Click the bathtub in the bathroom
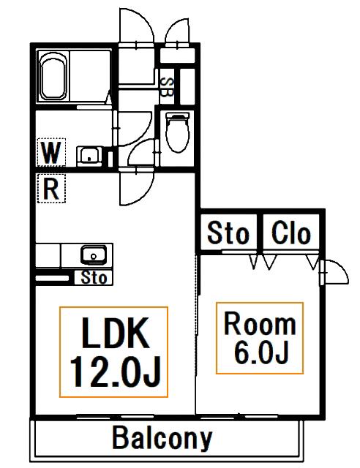(x=53, y=77)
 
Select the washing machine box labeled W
(x=51, y=152)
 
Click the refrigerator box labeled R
(x=51, y=189)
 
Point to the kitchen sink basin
(x=94, y=255)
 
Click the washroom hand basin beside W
(x=89, y=156)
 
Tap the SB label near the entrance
(x=167, y=87)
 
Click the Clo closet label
(x=291, y=233)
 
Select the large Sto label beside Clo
(x=228, y=233)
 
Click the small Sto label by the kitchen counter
(x=94, y=278)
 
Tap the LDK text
(x=116, y=333)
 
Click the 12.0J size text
(x=115, y=372)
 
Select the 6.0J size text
(x=261, y=352)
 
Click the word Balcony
(x=162, y=439)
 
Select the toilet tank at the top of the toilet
(x=178, y=116)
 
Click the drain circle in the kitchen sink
(x=94, y=256)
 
